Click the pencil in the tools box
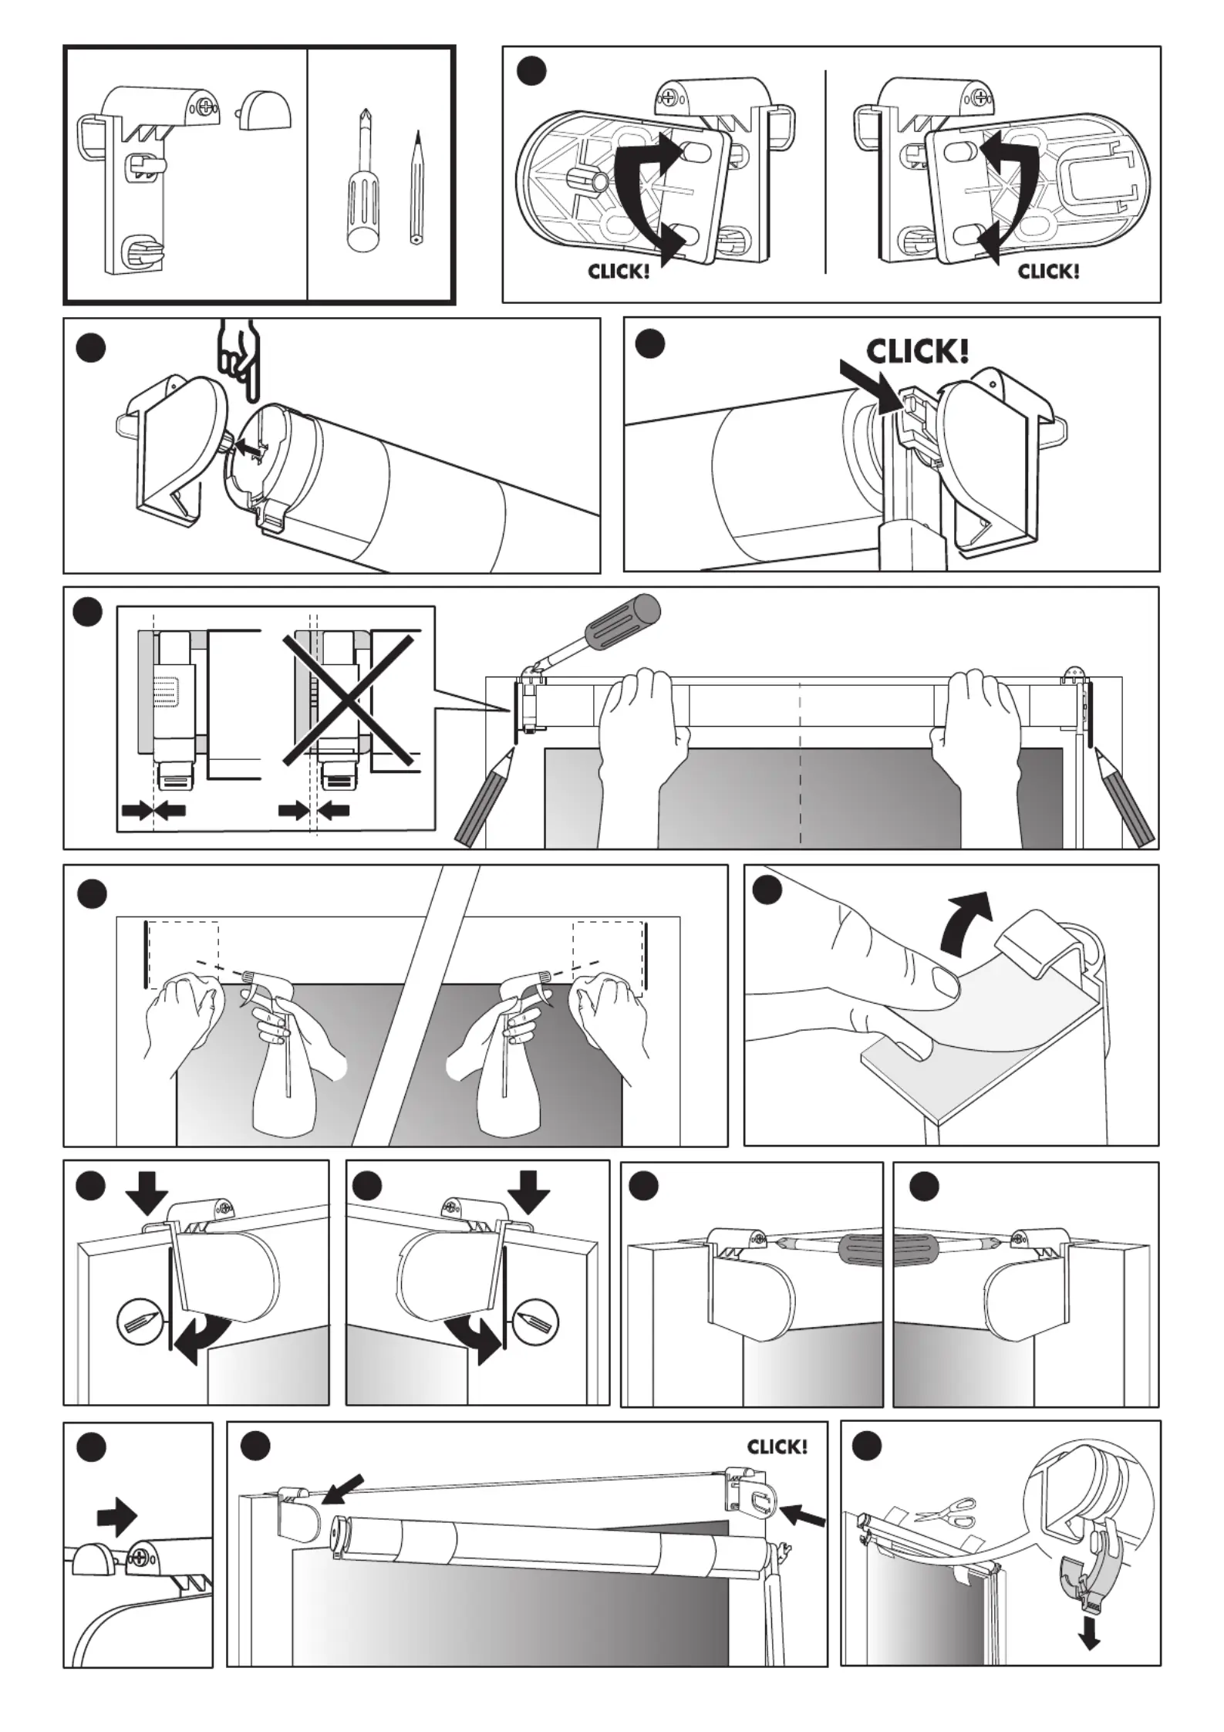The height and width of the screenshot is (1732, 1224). [x=416, y=189]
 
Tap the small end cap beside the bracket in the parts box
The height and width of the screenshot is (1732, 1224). [x=265, y=110]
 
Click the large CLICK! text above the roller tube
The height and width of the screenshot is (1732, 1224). [x=917, y=353]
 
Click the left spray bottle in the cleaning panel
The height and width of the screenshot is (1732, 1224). [x=285, y=1072]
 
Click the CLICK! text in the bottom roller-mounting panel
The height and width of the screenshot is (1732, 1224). [x=777, y=1446]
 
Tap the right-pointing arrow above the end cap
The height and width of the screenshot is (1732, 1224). [x=116, y=1517]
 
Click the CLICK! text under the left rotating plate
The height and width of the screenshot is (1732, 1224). [x=619, y=272]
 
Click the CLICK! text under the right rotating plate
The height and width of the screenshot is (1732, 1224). [x=1048, y=272]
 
